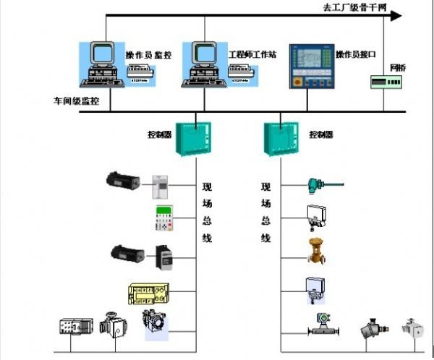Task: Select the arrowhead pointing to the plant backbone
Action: click(395, 14)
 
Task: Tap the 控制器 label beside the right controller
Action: click(321, 134)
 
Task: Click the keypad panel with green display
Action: click(166, 218)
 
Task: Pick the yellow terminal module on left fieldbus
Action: click(150, 293)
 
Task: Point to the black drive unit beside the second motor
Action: click(165, 254)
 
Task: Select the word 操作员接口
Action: click(356, 55)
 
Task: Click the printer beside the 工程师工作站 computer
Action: click(242, 70)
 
